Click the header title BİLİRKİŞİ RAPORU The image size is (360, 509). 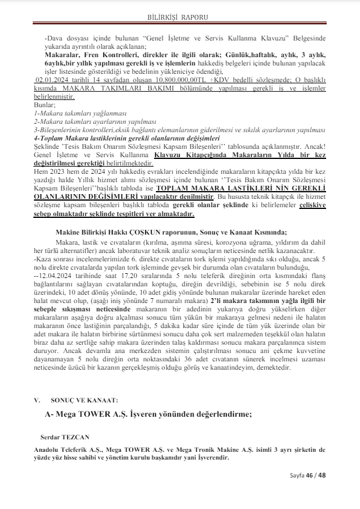180,18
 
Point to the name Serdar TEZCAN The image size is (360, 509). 62,436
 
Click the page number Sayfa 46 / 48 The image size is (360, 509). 308,474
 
